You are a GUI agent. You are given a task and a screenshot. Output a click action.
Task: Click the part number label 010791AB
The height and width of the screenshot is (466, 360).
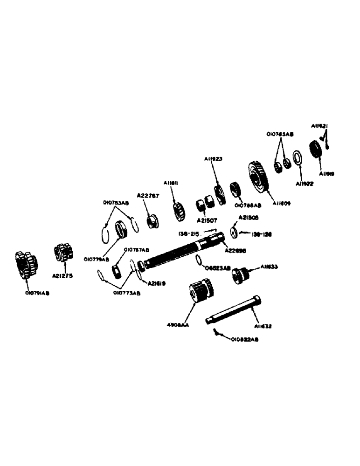[38, 294]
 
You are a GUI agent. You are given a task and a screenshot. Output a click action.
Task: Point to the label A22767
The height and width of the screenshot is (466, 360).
[148, 196]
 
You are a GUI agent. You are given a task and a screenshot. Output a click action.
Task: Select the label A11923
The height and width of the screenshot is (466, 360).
[216, 159]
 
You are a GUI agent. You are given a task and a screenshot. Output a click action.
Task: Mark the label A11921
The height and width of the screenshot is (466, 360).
[320, 126]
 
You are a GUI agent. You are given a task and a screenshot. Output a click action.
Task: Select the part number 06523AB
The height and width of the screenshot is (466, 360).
[218, 268]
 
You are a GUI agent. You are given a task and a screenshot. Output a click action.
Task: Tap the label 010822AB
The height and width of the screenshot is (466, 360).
[244, 340]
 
